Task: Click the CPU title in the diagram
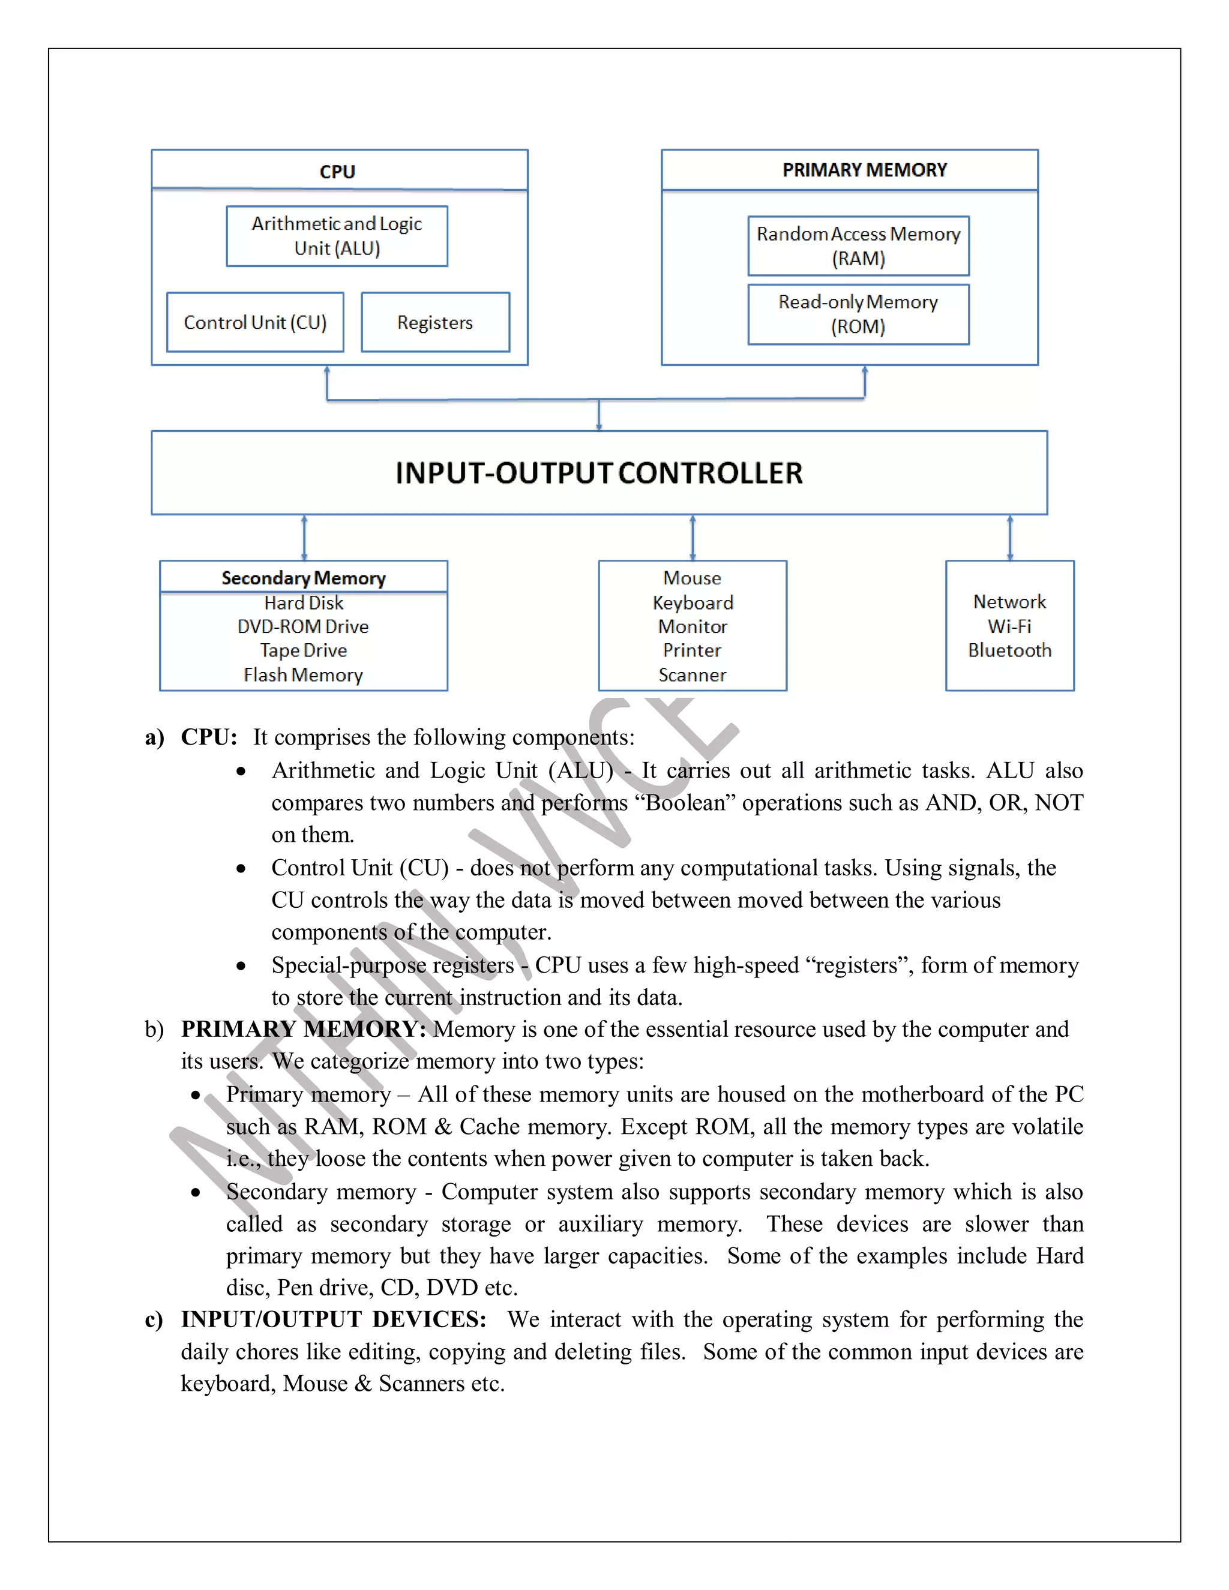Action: pyautogui.click(x=337, y=172)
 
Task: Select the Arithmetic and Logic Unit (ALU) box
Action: pyautogui.click(x=337, y=236)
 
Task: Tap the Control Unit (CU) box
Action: pyautogui.click(x=255, y=323)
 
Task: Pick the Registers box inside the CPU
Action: pyautogui.click(x=434, y=323)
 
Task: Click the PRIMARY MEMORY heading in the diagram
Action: pyautogui.click(x=864, y=170)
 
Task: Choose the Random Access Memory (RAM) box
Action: pyautogui.click(x=858, y=246)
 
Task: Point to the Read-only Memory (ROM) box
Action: pyautogui.click(x=858, y=314)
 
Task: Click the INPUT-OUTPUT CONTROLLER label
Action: pyautogui.click(x=598, y=473)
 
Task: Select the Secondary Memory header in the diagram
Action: pyautogui.click(x=304, y=578)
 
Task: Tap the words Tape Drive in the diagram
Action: pyautogui.click(x=304, y=650)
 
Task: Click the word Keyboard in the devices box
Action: pyautogui.click(x=693, y=603)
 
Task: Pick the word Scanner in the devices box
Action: pyautogui.click(x=693, y=675)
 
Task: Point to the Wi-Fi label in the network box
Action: pyautogui.click(x=1009, y=626)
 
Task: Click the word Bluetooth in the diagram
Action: pyautogui.click(x=1009, y=650)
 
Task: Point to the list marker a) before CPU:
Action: pyautogui.click(x=154, y=737)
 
